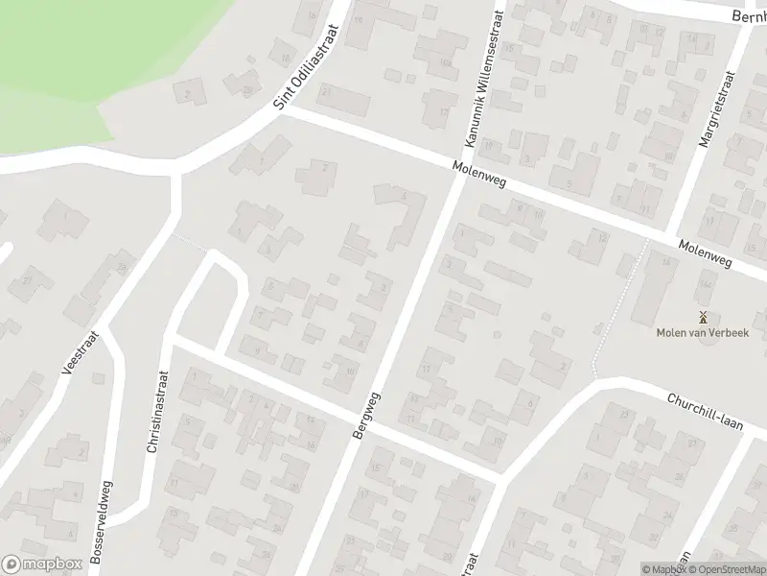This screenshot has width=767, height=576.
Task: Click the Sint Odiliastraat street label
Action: click(306, 66)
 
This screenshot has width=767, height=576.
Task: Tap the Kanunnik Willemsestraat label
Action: click(483, 80)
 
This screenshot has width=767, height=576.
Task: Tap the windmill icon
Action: click(703, 316)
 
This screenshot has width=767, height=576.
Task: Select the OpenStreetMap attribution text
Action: click(725, 568)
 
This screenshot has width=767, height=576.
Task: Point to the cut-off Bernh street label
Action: click(749, 17)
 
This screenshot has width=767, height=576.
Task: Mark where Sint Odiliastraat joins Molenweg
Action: click(284, 112)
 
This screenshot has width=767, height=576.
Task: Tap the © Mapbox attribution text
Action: click(662, 568)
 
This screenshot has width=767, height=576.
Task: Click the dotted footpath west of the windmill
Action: click(607, 317)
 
